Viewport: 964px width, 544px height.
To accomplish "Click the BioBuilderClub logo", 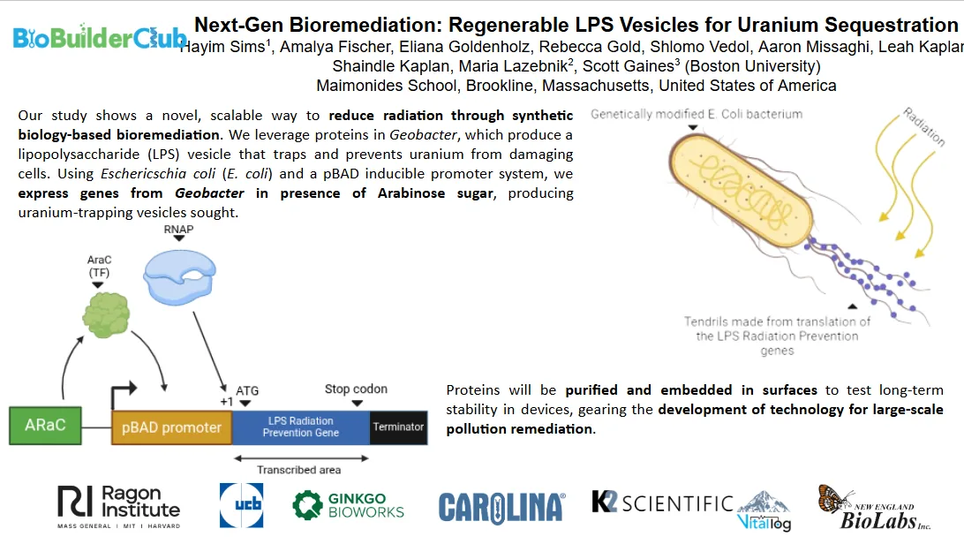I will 99,38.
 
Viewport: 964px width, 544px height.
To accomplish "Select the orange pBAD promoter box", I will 171,427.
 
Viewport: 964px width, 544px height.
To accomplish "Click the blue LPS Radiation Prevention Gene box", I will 300,427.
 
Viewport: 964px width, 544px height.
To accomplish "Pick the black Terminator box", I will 398,427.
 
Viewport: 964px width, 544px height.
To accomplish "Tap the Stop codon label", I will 356,389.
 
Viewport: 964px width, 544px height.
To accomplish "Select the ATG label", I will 247,391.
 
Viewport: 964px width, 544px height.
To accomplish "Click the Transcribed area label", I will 298,470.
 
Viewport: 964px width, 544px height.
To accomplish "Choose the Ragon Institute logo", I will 119,506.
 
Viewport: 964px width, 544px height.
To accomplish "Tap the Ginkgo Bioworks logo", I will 348,505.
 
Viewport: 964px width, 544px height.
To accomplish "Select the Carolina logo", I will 501,507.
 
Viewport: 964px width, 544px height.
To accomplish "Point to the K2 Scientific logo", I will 662,503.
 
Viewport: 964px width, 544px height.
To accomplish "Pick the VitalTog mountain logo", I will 764,510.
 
